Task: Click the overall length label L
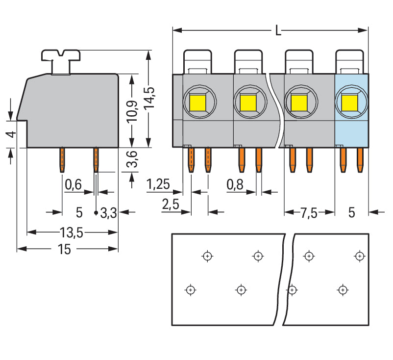278,30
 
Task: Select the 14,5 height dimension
149,98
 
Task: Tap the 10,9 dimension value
132,112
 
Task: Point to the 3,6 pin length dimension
132,159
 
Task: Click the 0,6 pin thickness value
73,184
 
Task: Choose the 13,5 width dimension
72,232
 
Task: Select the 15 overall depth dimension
64,249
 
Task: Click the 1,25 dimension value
158,184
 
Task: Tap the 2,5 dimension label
171,204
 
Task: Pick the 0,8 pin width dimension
235,184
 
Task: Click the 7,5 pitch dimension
309,213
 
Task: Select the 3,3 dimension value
108,213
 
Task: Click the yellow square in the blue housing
350,103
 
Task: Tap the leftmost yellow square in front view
198,103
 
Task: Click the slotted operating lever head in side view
61,55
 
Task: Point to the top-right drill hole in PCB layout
360,256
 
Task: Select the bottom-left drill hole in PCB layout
191,290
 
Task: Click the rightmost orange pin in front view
360,160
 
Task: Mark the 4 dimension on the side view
11,134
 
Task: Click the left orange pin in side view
62,160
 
